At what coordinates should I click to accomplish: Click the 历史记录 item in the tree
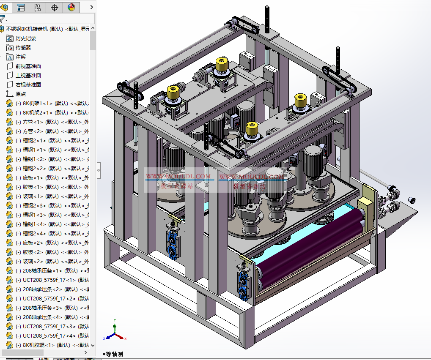25,38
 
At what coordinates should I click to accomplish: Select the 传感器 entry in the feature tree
23,48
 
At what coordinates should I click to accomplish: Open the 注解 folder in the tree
21,57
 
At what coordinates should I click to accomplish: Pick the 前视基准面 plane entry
28,66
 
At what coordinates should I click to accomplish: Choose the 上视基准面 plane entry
28,76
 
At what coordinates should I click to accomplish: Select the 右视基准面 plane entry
28,85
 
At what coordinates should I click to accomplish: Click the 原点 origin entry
21,94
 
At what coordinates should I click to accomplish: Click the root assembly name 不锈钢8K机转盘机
34,29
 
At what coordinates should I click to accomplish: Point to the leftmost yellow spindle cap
173,93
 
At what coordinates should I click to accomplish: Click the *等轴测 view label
113,354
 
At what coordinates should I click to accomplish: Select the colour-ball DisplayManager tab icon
71,7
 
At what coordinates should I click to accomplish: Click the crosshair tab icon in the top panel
55,7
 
